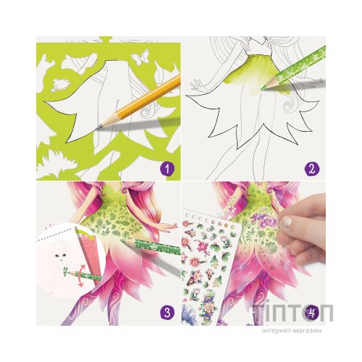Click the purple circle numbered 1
click(x=167, y=168)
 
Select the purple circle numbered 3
click(x=167, y=313)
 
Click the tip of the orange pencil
click(x=97, y=128)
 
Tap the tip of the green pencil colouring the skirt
click(x=262, y=90)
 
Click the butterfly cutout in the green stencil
click(x=140, y=58)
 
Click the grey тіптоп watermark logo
click(x=292, y=312)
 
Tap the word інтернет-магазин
click(x=292, y=330)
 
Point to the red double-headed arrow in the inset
click(x=81, y=275)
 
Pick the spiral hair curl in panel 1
click(x=147, y=111)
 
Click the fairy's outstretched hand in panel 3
click(x=168, y=227)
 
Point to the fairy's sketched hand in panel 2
click(x=198, y=86)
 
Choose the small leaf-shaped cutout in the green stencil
click(x=62, y=85)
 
